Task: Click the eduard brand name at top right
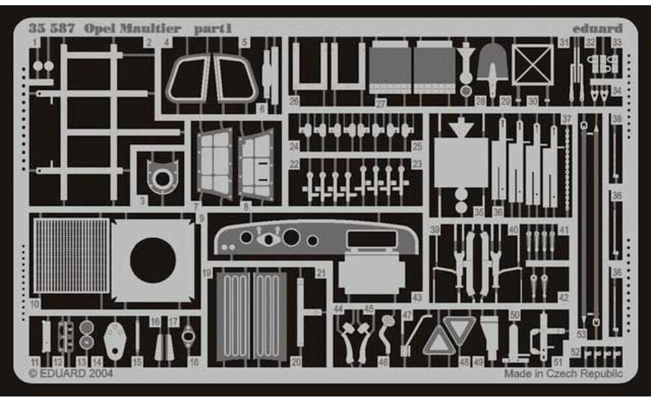pos(598,29)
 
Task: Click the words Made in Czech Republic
pos(563,374)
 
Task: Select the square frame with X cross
pos(533,64)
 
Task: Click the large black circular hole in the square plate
pos(152,261)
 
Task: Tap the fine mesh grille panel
pos(71,255)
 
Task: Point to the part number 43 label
pos(417,298)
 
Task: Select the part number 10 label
pos(35,304)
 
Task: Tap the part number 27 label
pos(381,102)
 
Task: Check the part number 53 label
pos(581,334)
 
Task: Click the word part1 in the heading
pos(212,29)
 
